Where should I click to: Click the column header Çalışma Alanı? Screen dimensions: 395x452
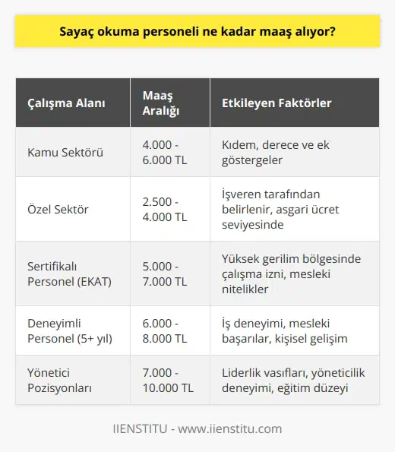click(x=67, y=102)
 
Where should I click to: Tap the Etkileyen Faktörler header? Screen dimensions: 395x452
click(x=276, y=102)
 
